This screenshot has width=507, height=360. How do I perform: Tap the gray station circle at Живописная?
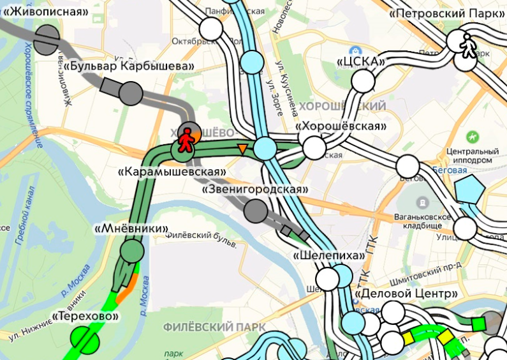pos(46,40)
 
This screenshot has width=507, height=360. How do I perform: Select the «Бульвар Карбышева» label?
pos(129,66)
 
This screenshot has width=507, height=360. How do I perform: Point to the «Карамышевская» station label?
pos(173,172)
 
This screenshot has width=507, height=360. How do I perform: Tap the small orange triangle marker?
pos(242,149)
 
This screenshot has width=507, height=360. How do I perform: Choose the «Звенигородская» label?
pos(255,190)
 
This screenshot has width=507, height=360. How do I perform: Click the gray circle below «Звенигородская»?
pos(256,210)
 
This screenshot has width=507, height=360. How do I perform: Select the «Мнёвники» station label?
pos(131,228)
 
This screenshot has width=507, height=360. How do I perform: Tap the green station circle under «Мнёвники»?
pos(132,250)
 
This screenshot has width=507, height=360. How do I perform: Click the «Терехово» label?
pos(87,317)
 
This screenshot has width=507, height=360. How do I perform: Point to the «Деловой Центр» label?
pos(406,294)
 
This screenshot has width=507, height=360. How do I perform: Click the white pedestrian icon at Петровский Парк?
pos(468,46)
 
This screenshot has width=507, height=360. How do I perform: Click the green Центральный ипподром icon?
pos(473,137)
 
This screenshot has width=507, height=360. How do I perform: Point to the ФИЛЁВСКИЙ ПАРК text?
pos(213,327)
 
